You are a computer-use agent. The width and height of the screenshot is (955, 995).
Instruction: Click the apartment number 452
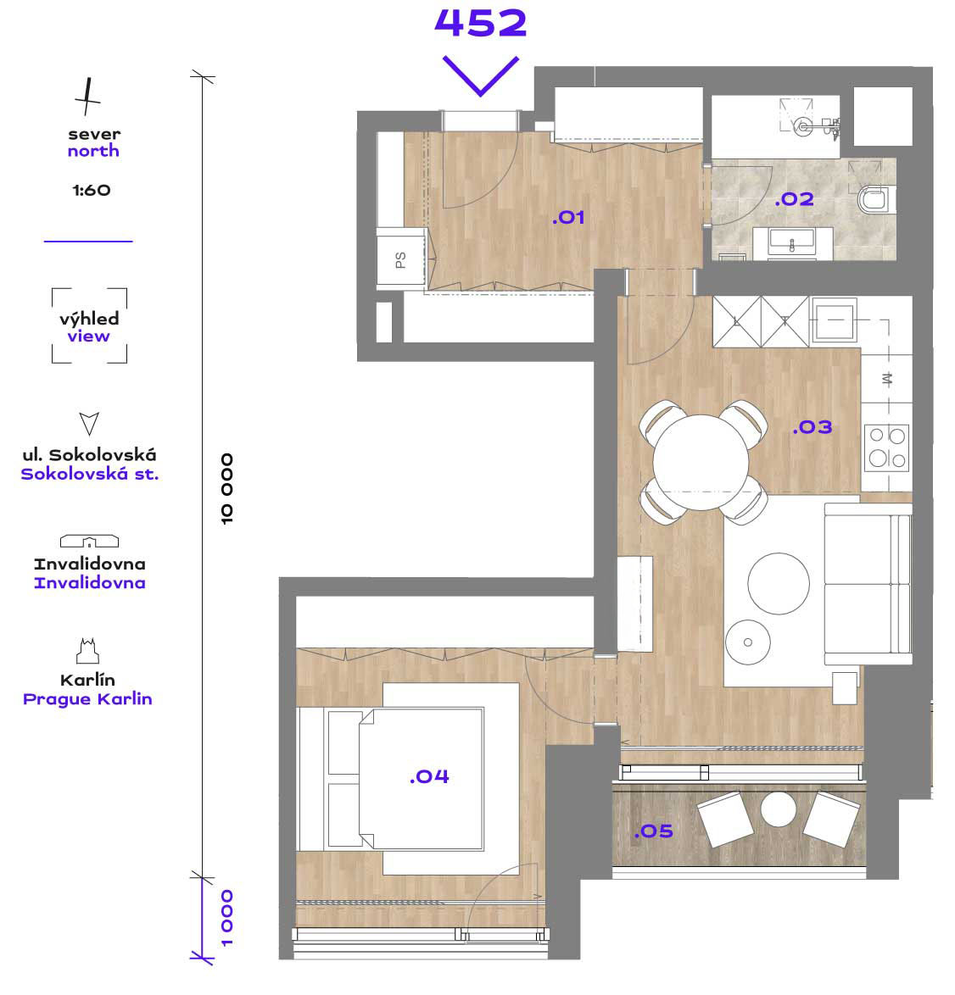pyautogui.click(x=481, y=23)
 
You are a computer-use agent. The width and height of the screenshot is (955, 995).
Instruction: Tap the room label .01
pyautogui.click(x=568, y=218)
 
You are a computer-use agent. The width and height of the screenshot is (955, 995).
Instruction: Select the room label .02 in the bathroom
pyautogui.click(x=795, y=199)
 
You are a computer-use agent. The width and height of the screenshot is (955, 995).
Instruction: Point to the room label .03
pyautogui.click(x=813, y=427)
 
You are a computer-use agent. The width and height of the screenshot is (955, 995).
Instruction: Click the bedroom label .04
pyautogui.click(x=429, y=776)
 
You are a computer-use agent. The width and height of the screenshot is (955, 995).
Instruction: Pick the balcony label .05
pyautogui.click(x=653, y=831)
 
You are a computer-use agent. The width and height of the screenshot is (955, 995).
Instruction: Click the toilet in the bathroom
pyautogui.click(x=876, y=199)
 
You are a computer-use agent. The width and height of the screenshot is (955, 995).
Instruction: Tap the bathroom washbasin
pyautogui.click(x=792, y=243)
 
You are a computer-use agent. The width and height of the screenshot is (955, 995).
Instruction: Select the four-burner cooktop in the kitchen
pyautogui.click(x=887, y=447)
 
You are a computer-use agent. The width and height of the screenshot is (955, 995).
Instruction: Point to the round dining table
pyautogui.click(x=701, y=462)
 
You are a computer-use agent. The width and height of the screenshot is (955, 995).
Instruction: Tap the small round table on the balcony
pyautogui.click(x=779, y=809)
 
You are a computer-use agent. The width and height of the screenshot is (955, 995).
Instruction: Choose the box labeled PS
pyautogui.click(x=400, y=260)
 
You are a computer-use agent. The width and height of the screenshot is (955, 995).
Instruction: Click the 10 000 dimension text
pyautogui.click(x=226, y=489)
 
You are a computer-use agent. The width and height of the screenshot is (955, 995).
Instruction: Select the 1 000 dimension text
pyautogui.click(x=226, y=918)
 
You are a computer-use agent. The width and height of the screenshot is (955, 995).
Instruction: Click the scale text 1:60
pyautogui.click(x=92, y=191)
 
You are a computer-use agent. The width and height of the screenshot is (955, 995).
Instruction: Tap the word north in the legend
pyautogui.click(x=93, y=151)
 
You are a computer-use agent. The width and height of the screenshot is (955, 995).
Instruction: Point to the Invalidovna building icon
pyautogui.click(x=90, y=541)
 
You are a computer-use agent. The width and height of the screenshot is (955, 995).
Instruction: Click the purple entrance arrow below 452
pyautogui.click(x=481, y=76)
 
